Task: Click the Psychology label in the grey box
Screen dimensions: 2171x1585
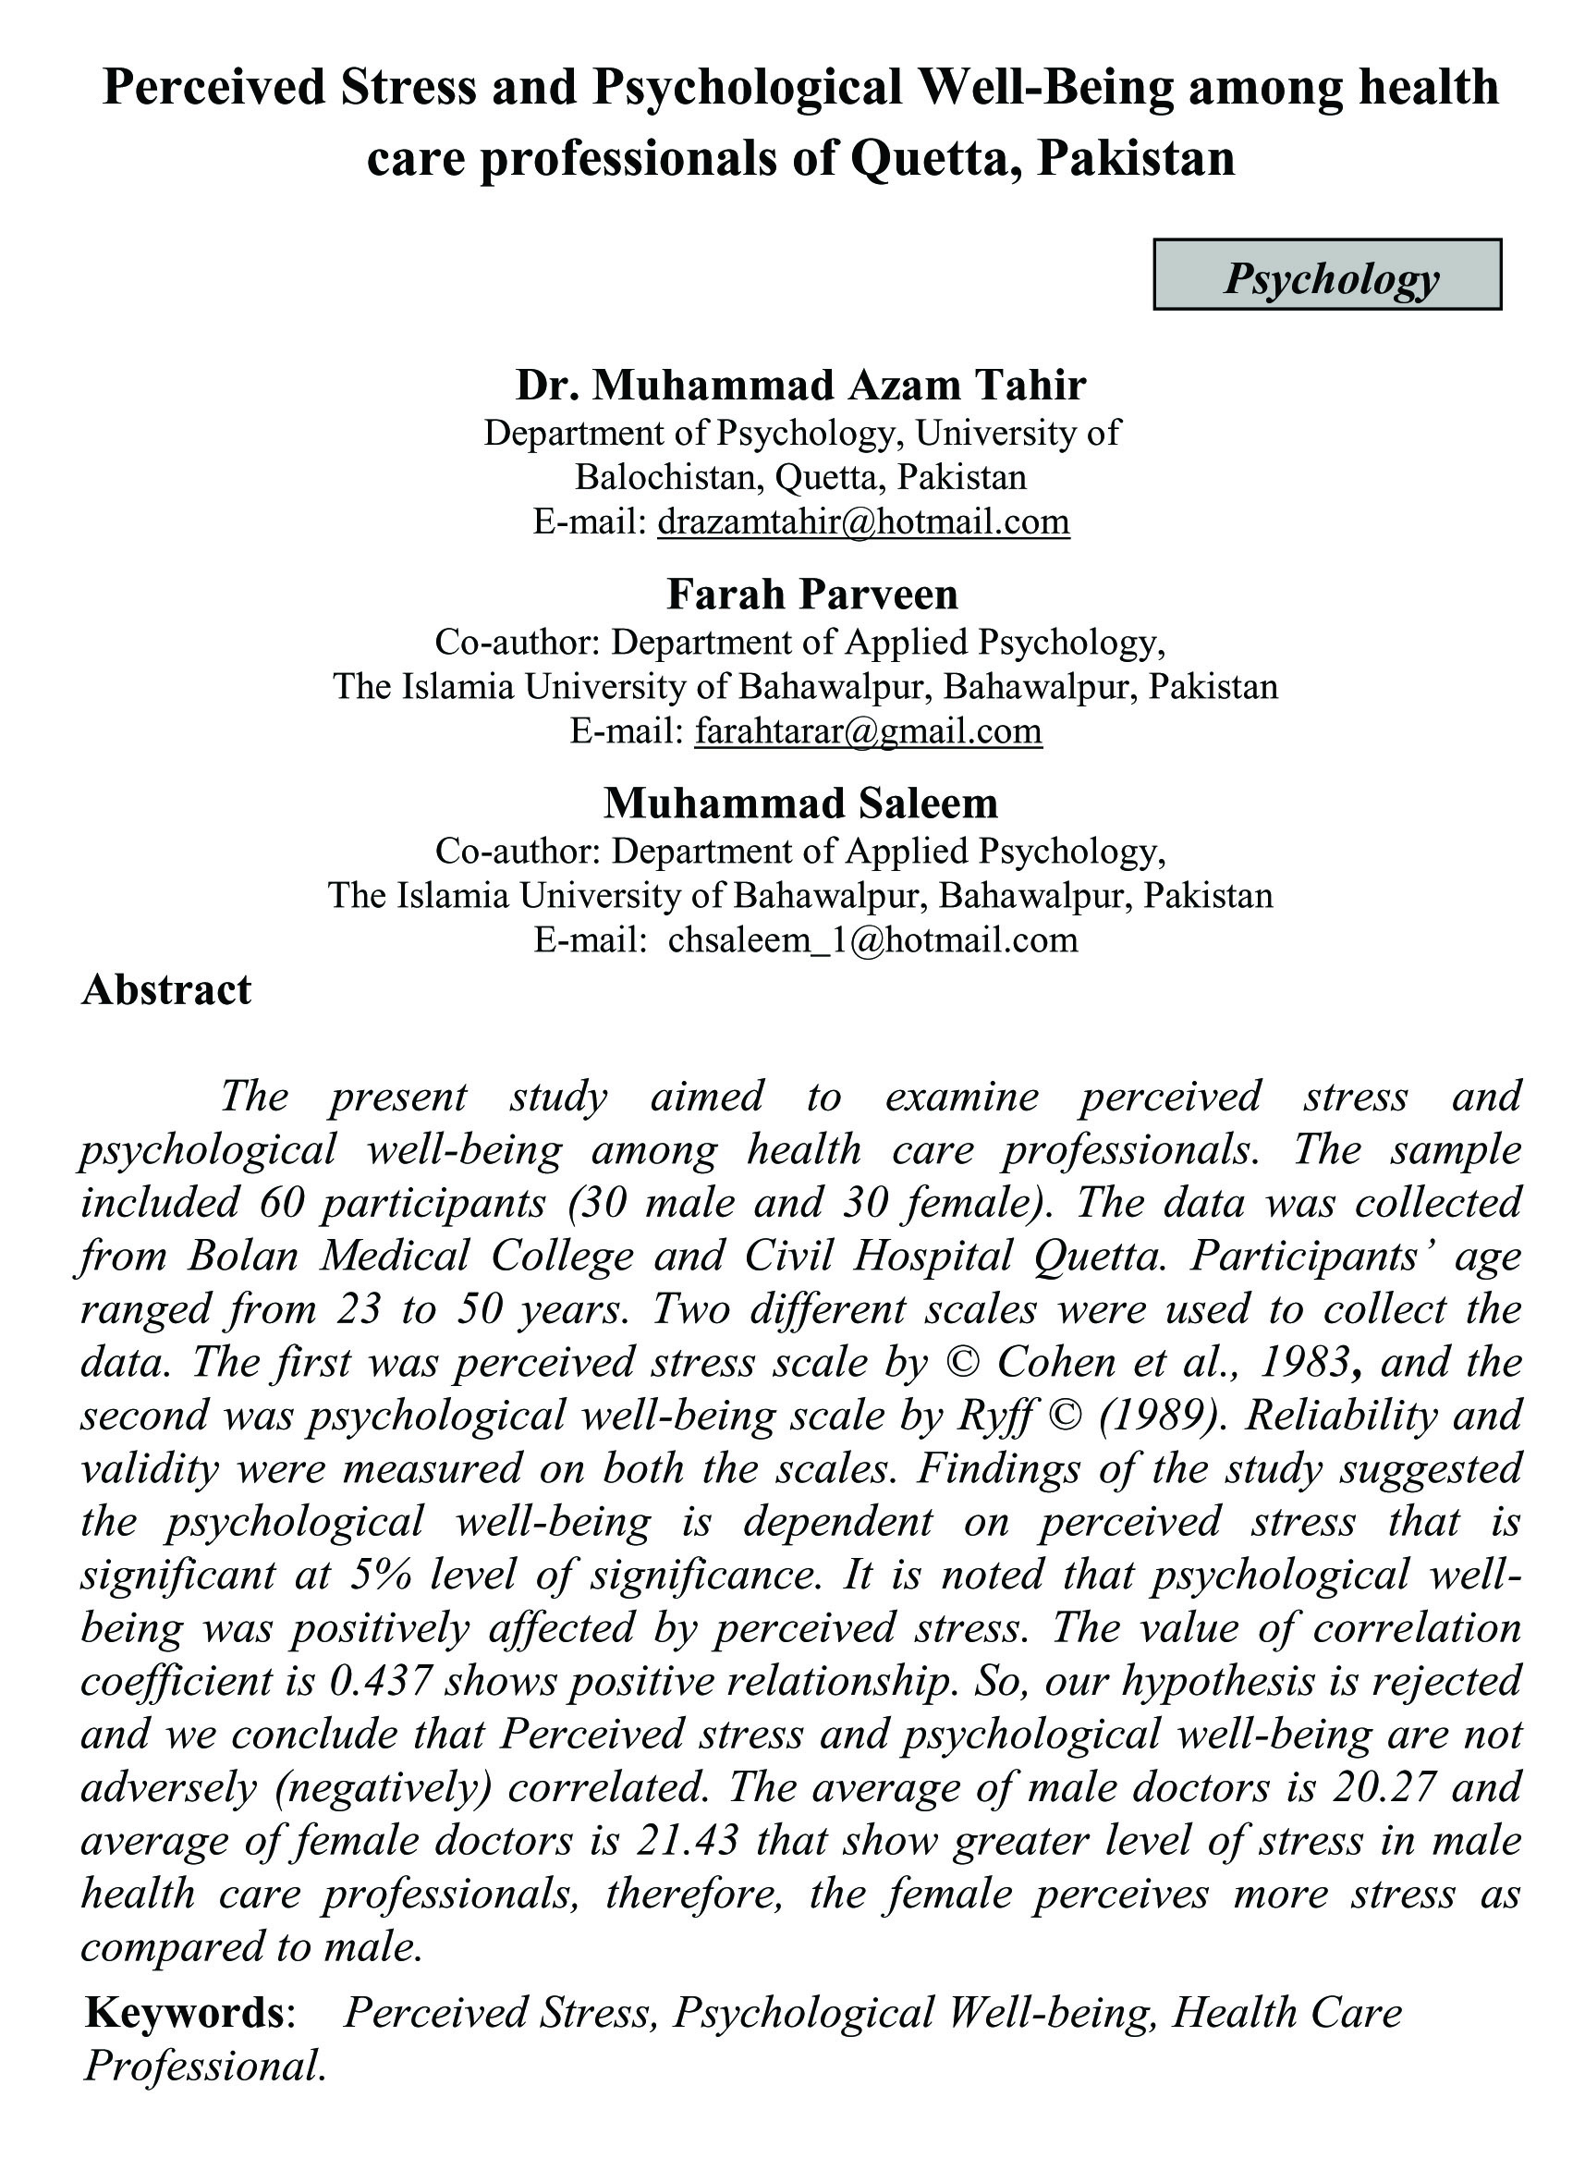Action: coord(1331,279)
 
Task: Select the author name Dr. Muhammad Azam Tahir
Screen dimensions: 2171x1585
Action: coord(801,385)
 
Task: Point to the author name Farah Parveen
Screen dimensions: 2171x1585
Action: coord(811,595)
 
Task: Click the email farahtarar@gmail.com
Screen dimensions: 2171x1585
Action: coord(869,730)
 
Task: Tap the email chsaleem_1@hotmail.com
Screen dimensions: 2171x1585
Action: coord(873,938)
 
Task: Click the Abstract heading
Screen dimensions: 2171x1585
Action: coord(166,989)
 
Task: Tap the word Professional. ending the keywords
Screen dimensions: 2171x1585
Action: coord(205,2065)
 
